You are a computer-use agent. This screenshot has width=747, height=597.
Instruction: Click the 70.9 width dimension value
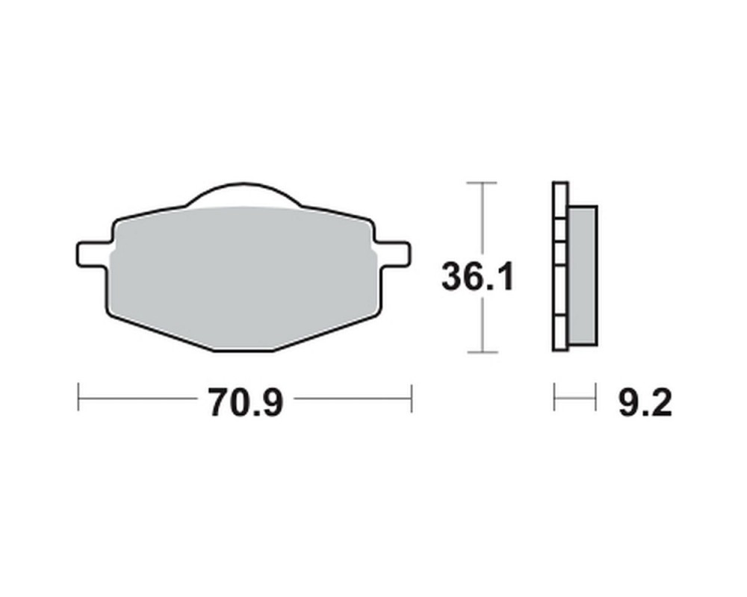point(246,402)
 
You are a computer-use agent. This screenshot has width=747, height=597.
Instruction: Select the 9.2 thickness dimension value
point(645,403)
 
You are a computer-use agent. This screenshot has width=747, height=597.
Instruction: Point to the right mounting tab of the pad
point(393,253)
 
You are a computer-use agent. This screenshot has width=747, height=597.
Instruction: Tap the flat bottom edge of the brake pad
point(244,351)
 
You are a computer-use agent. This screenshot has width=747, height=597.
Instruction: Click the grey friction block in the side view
point(583,275)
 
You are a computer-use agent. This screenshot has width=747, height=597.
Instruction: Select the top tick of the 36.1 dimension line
point(482,182)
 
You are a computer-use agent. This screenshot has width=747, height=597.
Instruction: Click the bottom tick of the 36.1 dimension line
point(483,352)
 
